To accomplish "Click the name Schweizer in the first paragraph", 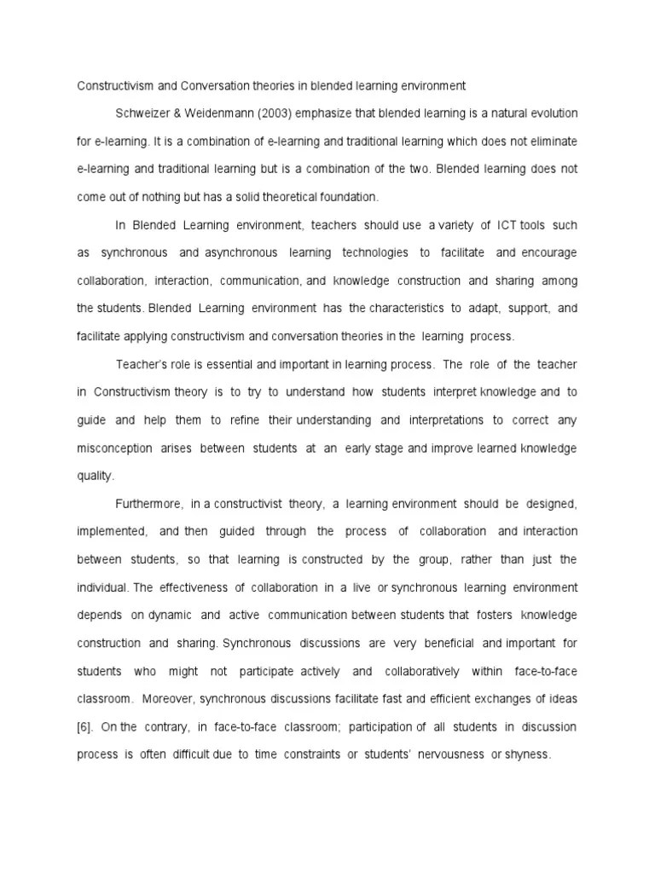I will tap(143, 113).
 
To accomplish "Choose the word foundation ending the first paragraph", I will tap(345, 197).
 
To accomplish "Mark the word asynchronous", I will tap(241, 253).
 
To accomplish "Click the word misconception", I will tap(115, 448).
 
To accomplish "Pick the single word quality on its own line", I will tap(95, 476).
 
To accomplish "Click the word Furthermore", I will tap(150, 504).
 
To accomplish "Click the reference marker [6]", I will tap(84, 726).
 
